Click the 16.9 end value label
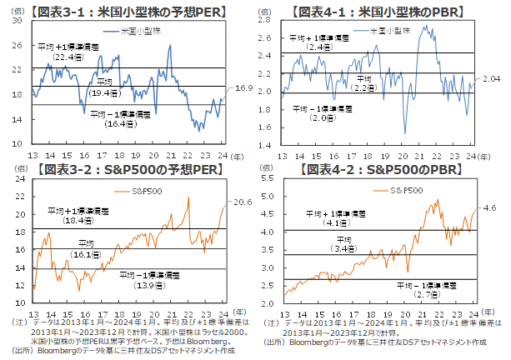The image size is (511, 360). click(x=241, y=88)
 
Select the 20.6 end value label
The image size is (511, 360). click(x=241, y=202)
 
